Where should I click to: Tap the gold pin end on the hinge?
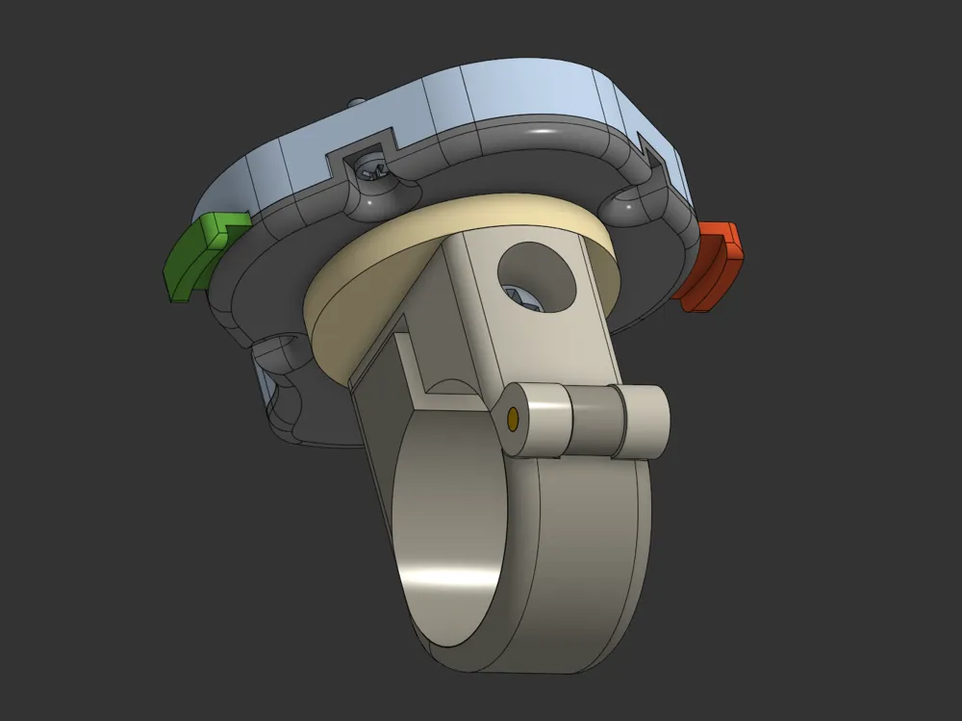513,418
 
